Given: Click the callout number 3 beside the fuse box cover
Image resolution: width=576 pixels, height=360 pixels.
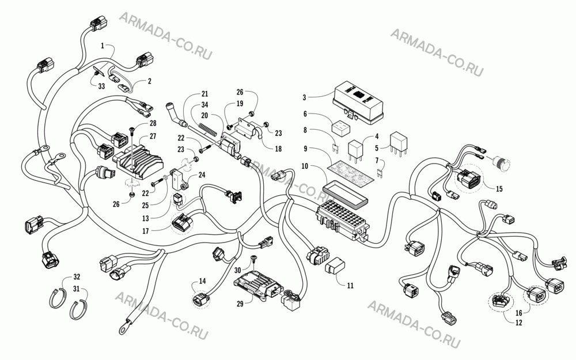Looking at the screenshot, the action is click(x=304, y=97).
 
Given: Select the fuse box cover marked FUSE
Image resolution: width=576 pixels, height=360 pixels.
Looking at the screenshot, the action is click(x=358, y=101).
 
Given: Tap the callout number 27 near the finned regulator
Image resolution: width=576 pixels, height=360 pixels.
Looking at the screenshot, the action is click(x=153, y=137).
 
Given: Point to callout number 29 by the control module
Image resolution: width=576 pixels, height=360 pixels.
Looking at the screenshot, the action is click(x=240, y=304).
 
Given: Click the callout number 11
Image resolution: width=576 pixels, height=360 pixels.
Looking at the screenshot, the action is click(x=350, y=285).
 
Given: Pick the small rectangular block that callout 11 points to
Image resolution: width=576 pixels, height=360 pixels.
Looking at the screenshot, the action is click(x=335, y=266).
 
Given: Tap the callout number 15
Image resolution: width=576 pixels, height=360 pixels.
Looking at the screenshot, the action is click(x=499, y=189).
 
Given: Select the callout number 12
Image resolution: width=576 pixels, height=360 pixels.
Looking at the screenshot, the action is click(x=519, y=323).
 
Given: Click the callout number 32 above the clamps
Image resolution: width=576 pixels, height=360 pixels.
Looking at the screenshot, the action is click(x=77, y=276).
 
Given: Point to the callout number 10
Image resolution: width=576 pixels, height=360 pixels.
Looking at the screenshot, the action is click(x=305, y=166).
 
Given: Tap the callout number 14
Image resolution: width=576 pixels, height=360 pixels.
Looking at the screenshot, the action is click(x=202, y=281).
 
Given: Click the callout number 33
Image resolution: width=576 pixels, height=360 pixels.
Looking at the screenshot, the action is click(x=101, y=86).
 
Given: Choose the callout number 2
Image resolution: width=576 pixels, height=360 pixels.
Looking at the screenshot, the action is click(x=150, y=81).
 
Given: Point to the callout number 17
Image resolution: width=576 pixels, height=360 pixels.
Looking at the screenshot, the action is click(x=146, y=231).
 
